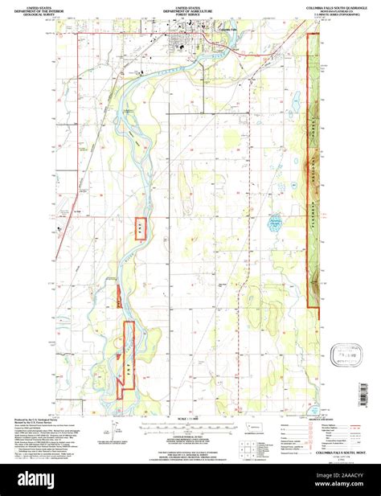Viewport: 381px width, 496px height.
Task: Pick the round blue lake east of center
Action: [276, 220]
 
